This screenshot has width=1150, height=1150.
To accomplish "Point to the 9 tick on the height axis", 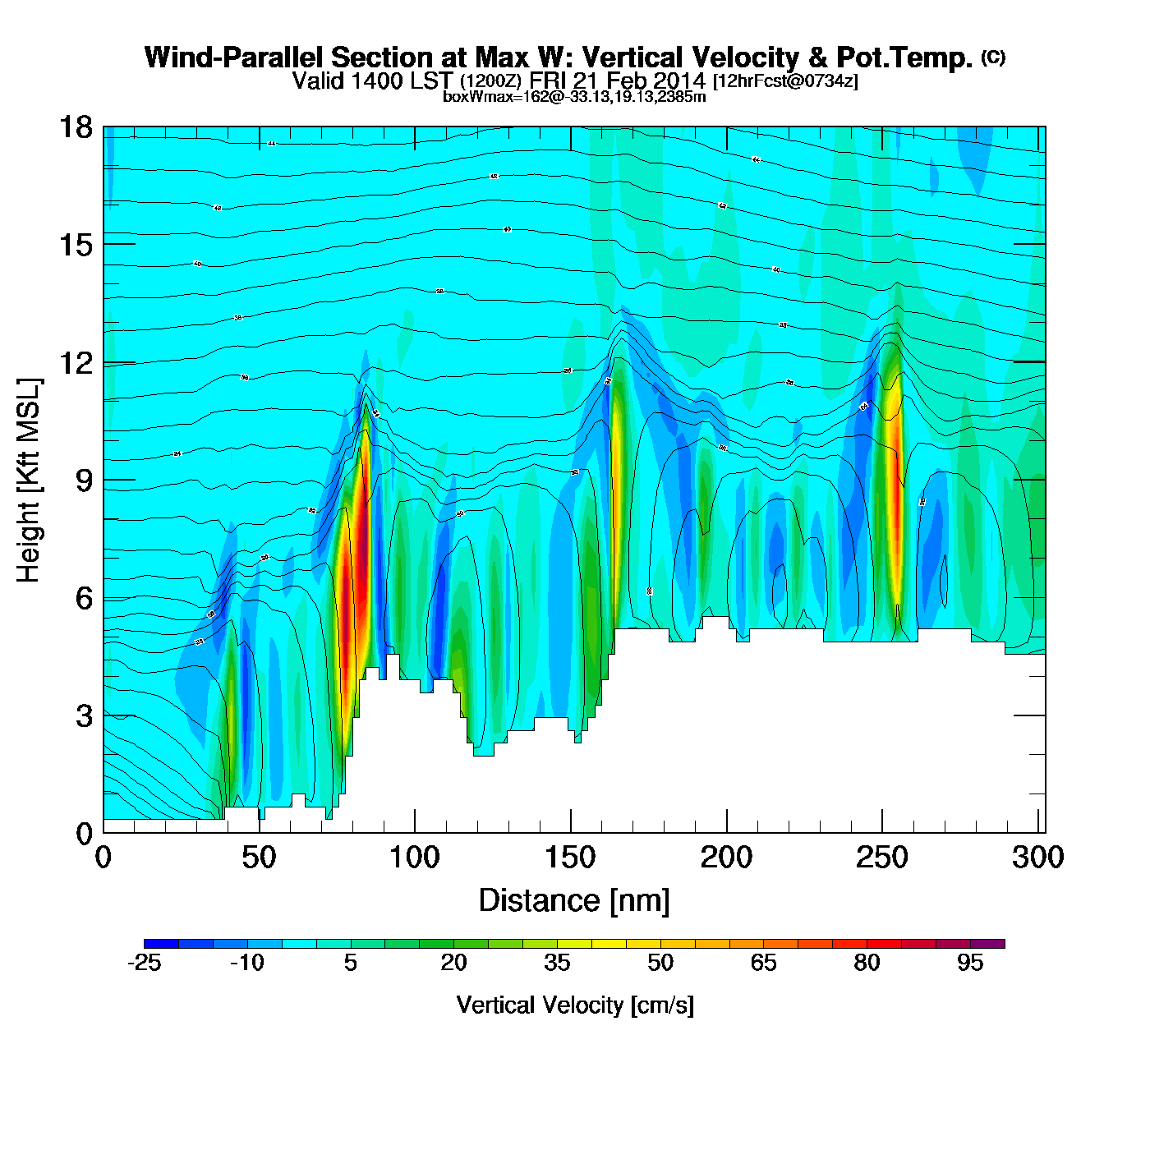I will (103, 480).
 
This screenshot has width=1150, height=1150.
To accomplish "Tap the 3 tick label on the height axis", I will (84, 715).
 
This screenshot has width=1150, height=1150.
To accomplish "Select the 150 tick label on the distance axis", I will (570, 858).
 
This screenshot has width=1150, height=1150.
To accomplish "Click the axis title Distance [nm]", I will (574, 900).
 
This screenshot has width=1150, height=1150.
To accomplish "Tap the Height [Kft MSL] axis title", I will (29, 481).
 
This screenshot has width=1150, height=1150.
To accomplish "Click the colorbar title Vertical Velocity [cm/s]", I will (574, 1005).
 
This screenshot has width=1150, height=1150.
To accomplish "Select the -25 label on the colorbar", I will (144, 963).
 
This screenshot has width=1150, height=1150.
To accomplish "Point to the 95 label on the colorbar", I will (970, 963).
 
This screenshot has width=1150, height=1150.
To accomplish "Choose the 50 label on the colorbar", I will (660, 963).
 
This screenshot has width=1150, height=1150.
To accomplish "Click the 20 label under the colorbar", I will (453, 963).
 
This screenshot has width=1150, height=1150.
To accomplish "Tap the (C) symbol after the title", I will (993, 57).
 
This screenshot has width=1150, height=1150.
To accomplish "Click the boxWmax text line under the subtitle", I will (574, 96).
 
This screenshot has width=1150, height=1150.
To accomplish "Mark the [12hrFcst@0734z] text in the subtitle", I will (785, 80).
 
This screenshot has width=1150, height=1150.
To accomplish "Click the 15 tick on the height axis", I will (103, 245).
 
